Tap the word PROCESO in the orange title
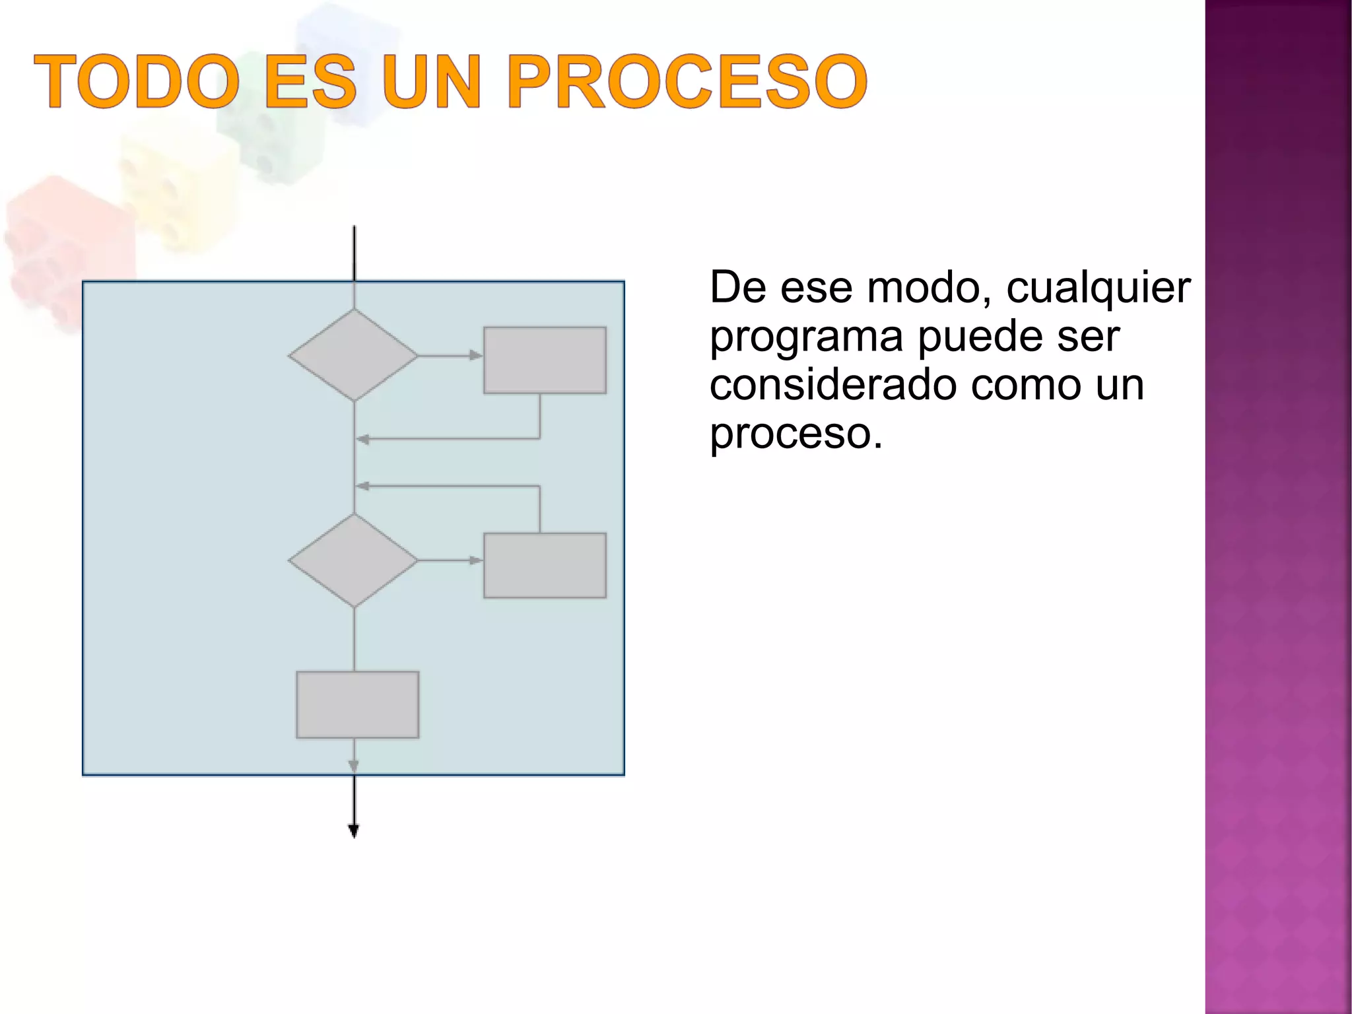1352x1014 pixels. click(687, 81)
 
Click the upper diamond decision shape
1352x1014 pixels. click(353, 355)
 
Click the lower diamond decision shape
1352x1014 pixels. click(353, 560)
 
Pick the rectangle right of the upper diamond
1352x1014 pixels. click(545, 360)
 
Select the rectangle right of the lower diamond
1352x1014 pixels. click(545, 565)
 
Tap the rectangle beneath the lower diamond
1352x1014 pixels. click(357, 704)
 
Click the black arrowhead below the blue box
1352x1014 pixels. click(353, 831)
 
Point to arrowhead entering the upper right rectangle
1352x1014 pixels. click(476, 355)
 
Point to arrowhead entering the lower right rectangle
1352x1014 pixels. click(476, 560)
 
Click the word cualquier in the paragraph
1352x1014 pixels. click(1098, 288)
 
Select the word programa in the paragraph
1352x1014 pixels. click(806, 337)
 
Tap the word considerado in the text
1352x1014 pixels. click(833, 385)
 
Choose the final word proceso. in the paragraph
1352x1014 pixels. click(795, 434)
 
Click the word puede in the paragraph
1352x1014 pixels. click(980, 337)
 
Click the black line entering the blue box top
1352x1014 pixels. click(355, 254)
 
